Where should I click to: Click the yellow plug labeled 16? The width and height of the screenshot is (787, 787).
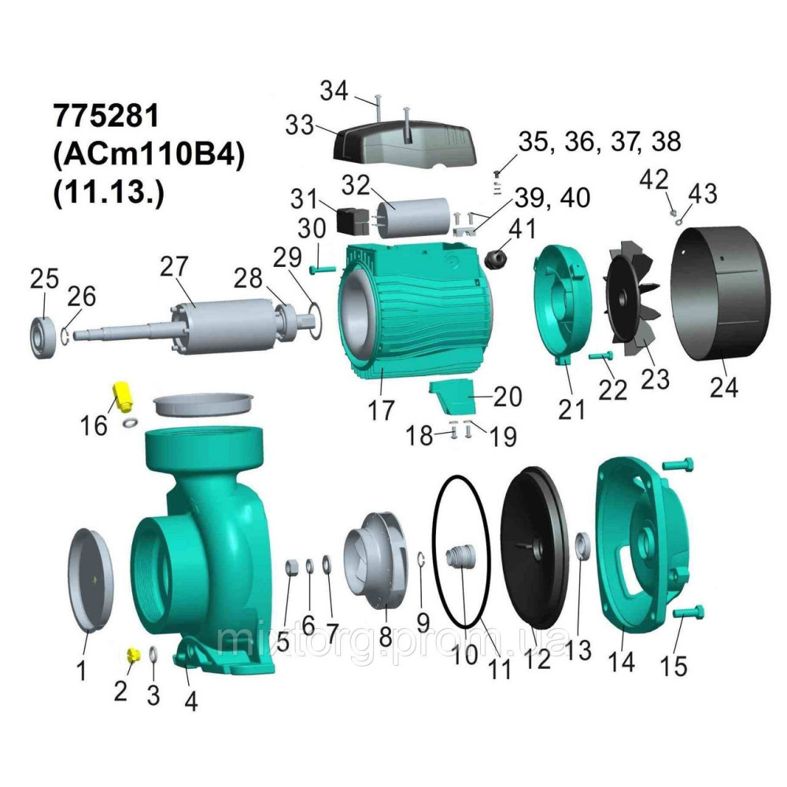tap(122, 396)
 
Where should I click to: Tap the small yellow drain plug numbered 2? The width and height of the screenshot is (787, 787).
tap(133, 655)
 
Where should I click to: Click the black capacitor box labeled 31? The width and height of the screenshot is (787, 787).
tap(351, 221)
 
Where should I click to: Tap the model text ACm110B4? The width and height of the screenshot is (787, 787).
tap(149, 154)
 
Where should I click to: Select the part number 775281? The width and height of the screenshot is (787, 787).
tap(105, 116)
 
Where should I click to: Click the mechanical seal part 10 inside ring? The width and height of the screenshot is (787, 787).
tap(461, 558)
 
